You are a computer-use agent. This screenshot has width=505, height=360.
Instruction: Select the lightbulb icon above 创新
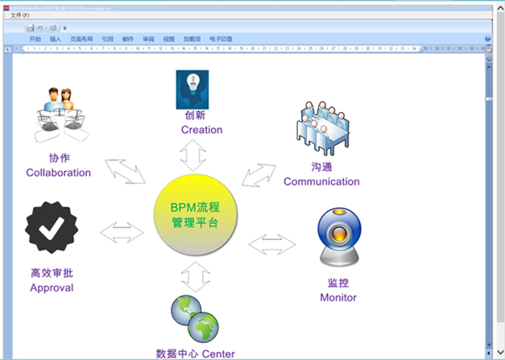[192, 89]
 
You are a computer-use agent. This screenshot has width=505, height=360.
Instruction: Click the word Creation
[201, 130]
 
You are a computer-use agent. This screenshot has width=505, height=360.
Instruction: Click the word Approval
[52, 288]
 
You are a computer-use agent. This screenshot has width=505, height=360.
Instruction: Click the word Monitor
[338, 297]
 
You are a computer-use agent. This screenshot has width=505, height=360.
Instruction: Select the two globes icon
[195, 319]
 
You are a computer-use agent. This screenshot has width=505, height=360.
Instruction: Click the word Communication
[321, 181]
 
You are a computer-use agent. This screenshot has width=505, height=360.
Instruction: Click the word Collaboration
[59, 172]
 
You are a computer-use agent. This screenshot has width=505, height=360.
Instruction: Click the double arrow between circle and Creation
[193, 153]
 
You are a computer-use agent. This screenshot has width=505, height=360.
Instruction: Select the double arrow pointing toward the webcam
[272, 243]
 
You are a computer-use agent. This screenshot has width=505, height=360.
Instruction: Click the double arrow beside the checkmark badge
[122, 233]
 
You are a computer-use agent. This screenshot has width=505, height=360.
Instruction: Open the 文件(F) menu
[20, 14]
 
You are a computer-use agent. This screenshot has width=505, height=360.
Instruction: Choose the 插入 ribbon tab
[56, 39]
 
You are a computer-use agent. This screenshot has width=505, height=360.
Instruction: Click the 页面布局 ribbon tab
[81, 39]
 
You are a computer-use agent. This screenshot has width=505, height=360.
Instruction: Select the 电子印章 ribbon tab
[221, 39]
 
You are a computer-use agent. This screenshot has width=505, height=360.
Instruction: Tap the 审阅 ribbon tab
[148, 39]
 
